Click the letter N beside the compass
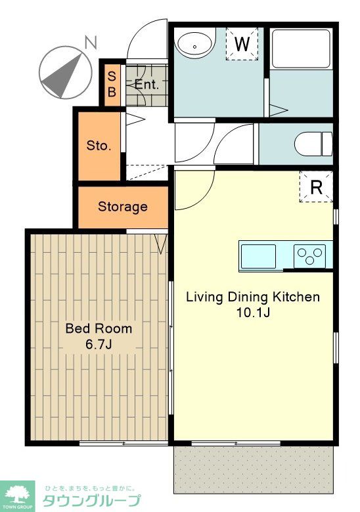[91, 43]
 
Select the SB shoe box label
[112, 84]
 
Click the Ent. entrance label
[146, 85]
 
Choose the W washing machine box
[242, 44]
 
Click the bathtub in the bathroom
[300, 49]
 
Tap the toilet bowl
[313, 144]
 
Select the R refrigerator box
[316, 187]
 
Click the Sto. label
[99, 145]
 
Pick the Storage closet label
[122, 207]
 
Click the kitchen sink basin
[258, 256]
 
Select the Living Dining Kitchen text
[253, 297]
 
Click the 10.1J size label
[253, 313]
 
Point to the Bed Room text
[99, 328]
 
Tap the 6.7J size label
[99, 344]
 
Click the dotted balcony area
[253, 469]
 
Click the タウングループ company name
[92, 500]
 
